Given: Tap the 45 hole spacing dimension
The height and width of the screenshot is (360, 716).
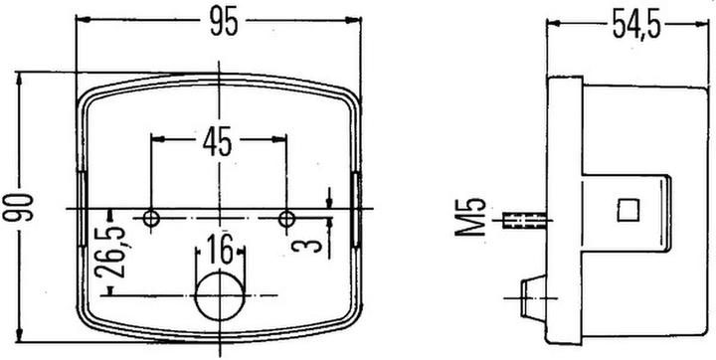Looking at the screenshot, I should (217, 141).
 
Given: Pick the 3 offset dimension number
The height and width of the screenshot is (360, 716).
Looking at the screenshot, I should (317, 243).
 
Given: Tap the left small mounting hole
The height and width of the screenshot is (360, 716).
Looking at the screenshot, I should (150, 218).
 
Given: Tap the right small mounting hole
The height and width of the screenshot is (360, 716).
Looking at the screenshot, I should (287, 218).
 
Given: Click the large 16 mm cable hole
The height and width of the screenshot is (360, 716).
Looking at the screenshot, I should (218, 295).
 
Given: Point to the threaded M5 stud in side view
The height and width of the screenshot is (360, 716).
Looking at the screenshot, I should (524, 218).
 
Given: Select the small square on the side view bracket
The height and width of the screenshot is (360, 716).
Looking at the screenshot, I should (626, 209).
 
